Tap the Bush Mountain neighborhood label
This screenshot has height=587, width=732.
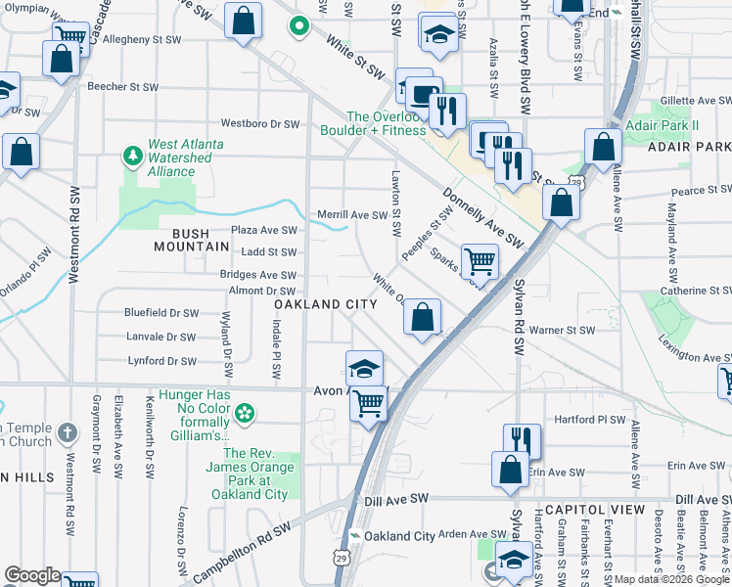point(192,239)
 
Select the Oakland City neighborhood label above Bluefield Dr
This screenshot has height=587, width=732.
point(325,304)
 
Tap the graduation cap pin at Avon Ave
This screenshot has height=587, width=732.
point(364,370)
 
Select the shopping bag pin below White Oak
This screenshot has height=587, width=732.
point(422,318)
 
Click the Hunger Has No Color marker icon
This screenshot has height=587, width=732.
point(245,414)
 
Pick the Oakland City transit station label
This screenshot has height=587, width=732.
point(399,536)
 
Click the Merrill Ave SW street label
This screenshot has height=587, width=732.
point(352,214)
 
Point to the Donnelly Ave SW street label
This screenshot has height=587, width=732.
point(482,216)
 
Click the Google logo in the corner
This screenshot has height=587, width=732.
point(32,575)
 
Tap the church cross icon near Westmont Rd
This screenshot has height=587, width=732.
point(66,431)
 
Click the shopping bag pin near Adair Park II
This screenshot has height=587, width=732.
point(604,148)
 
